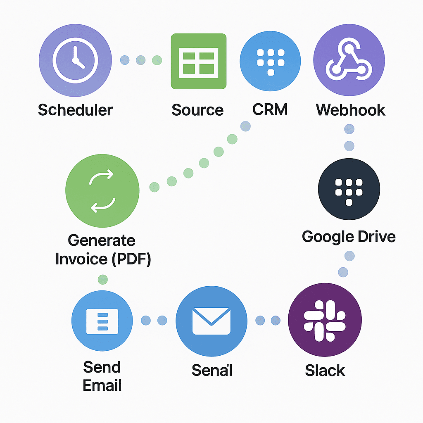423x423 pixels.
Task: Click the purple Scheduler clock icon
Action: [75, 60]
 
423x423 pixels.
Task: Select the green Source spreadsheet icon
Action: [199, 61]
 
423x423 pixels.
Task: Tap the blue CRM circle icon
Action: [270, 61]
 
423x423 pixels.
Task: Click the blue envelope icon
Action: [211, 321]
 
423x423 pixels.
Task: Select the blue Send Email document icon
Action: [102, 321]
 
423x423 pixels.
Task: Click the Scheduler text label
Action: [75, 110]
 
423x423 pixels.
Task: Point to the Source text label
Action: [197, 110]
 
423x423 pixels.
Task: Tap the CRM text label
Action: [270, 110]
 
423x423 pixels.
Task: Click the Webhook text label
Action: [351, 110]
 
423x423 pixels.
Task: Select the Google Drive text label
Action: [349, 237]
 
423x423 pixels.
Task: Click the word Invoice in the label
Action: [81, 259]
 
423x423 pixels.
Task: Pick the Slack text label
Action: [325, 370]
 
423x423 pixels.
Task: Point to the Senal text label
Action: [212, 370]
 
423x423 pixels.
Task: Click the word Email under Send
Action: [102, 385]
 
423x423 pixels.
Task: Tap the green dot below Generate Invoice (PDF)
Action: [102, 280]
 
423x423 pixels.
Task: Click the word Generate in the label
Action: [102, 240]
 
